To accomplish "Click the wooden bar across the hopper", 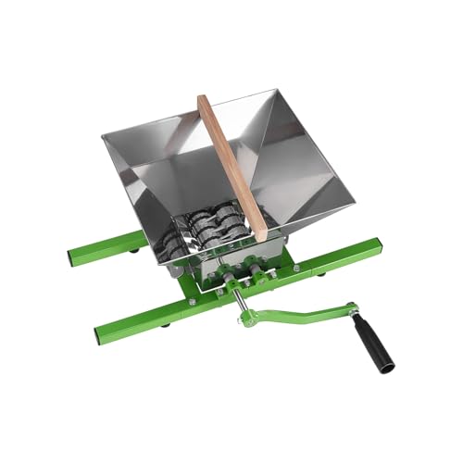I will point(231,162).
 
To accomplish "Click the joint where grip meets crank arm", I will point(354,310).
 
